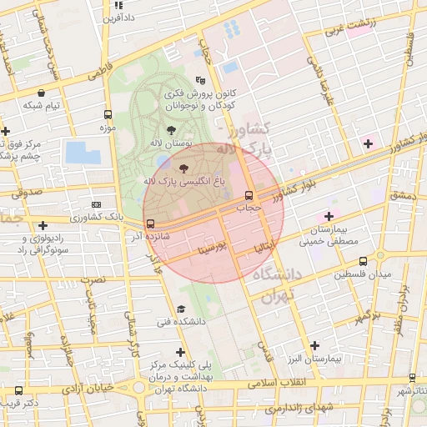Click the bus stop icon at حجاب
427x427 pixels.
click(x=249, y=194)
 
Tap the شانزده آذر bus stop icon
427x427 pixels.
click(x=150, y=224)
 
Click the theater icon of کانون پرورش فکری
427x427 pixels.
click(x=201, y=82)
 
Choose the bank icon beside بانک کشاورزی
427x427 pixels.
click(x=97, y=204)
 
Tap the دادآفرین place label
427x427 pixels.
click(x=118, y=17)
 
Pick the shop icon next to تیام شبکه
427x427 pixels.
click(x=42, y=93)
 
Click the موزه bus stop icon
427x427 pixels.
click(x=107, y=115)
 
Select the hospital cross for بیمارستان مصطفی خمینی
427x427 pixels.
click(x=329, y=216)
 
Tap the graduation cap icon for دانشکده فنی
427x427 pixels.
click(x=180, y=309)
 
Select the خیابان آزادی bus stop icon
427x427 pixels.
click(x=18, y=390)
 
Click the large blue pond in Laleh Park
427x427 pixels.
click(x=83, y=153)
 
